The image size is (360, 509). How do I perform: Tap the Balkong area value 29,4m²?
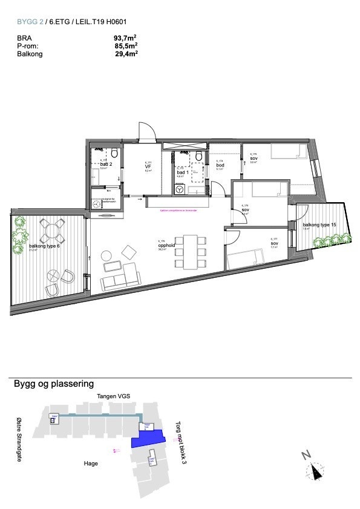126,53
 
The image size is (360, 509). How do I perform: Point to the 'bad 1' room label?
183,172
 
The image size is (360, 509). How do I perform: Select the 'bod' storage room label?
220,165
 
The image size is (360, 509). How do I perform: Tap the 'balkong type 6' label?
42,247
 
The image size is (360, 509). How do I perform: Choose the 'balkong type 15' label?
319,225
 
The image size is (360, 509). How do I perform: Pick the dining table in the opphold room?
191,251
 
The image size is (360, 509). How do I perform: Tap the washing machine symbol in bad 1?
180,189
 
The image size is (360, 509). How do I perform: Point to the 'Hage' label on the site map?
91,463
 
